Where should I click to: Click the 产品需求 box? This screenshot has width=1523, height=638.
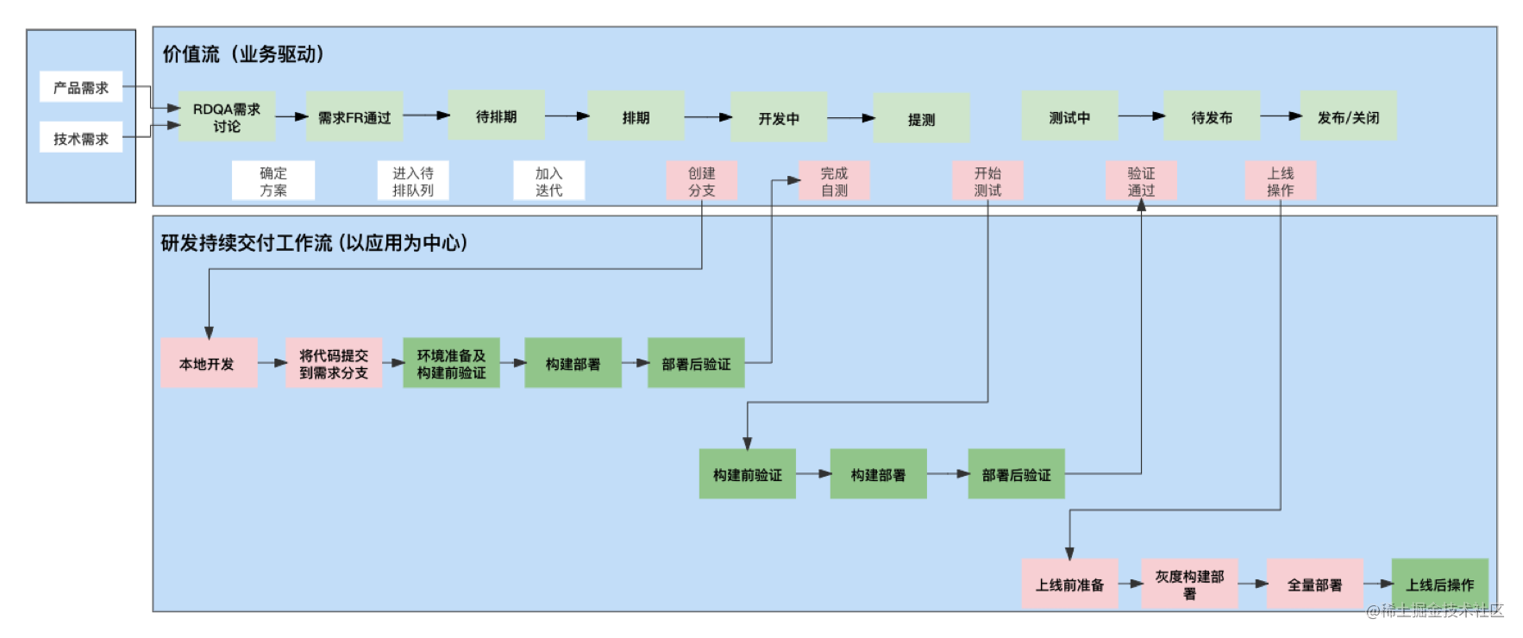point(81,87)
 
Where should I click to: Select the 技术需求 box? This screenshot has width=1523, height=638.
point(81,138)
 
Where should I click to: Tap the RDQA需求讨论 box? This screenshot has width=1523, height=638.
point(227,117)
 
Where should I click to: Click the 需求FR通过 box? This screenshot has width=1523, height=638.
point(354,117)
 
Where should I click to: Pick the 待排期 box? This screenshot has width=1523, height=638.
point(496,116)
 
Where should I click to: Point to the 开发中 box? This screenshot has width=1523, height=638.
point(779,118)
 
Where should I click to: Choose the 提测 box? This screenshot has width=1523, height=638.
point(921,119)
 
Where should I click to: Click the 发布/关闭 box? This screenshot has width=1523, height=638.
point(1348,116)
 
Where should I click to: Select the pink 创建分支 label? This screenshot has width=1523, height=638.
point(701,181)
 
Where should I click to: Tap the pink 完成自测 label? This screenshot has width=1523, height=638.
point(834,181)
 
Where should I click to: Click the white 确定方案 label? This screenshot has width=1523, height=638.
point(273,181)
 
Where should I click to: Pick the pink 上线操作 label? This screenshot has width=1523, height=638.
point(1280,181)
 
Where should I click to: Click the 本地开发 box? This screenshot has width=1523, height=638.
point(208,363)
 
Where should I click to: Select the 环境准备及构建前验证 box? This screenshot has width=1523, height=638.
point(451,363)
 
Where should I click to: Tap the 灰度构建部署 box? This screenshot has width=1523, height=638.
point(1189,584)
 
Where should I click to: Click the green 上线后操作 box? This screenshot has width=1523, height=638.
point(1439,584)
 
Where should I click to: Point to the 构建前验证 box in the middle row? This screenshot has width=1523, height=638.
point(747,474)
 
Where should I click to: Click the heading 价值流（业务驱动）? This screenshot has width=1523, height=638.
point(243,53)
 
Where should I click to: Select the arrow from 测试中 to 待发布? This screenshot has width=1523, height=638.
point(1141,116)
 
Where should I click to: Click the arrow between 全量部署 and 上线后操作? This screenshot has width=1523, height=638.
point(1378,584)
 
